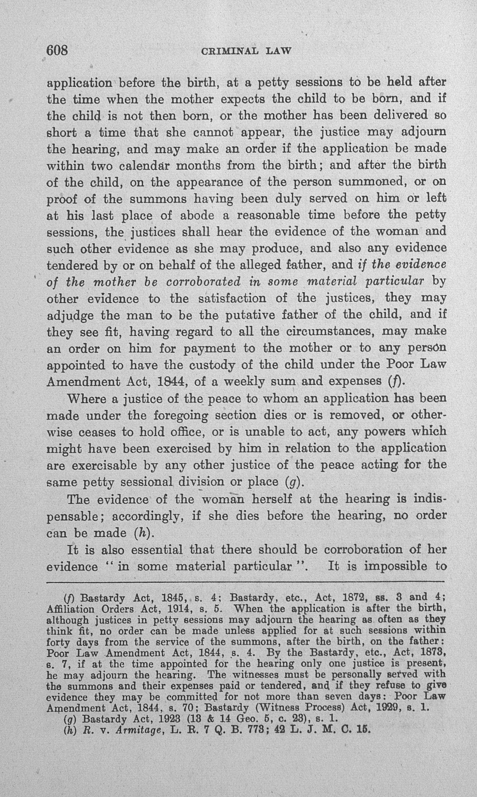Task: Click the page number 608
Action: click(x=57, y=51)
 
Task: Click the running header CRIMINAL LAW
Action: click(x=246, y=51)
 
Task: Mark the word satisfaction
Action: click(x=233, y=298)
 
